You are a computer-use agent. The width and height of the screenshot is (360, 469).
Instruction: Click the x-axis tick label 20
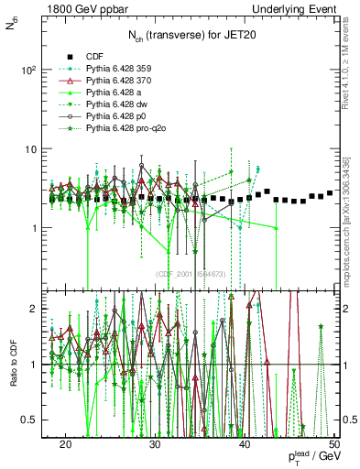[x=65, y=444]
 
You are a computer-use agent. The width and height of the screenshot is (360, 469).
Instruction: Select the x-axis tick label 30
[x=155, y=444]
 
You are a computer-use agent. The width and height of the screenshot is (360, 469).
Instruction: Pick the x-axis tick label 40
[x=245, y=444]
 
